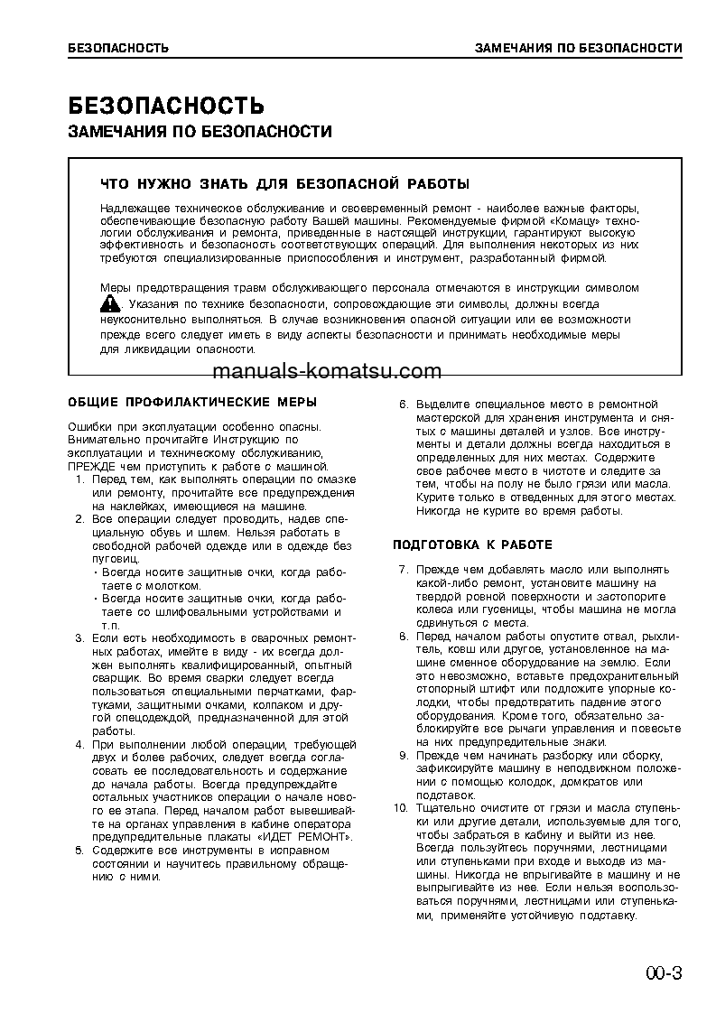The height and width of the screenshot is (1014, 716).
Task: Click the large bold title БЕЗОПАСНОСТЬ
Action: tap(166, 105)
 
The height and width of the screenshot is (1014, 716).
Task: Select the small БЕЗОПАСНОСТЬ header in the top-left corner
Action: tap(118, 48)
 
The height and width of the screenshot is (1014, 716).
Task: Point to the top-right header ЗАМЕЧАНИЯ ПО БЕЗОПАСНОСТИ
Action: tap(578, 48)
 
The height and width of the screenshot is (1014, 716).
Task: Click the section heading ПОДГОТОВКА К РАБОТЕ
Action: tap(472, 545)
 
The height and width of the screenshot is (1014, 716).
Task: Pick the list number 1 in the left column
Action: tap(79, 479)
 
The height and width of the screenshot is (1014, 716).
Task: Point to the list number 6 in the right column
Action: tap(404, 405)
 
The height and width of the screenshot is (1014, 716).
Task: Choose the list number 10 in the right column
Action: tap(402, 807)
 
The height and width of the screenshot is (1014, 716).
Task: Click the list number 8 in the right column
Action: tap(404, 637)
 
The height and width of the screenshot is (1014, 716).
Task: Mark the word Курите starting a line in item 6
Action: tap(433, 498)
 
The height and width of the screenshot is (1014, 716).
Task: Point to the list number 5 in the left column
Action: tap(79, 851)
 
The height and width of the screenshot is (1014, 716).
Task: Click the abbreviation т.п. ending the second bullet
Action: tap(110, 624)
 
